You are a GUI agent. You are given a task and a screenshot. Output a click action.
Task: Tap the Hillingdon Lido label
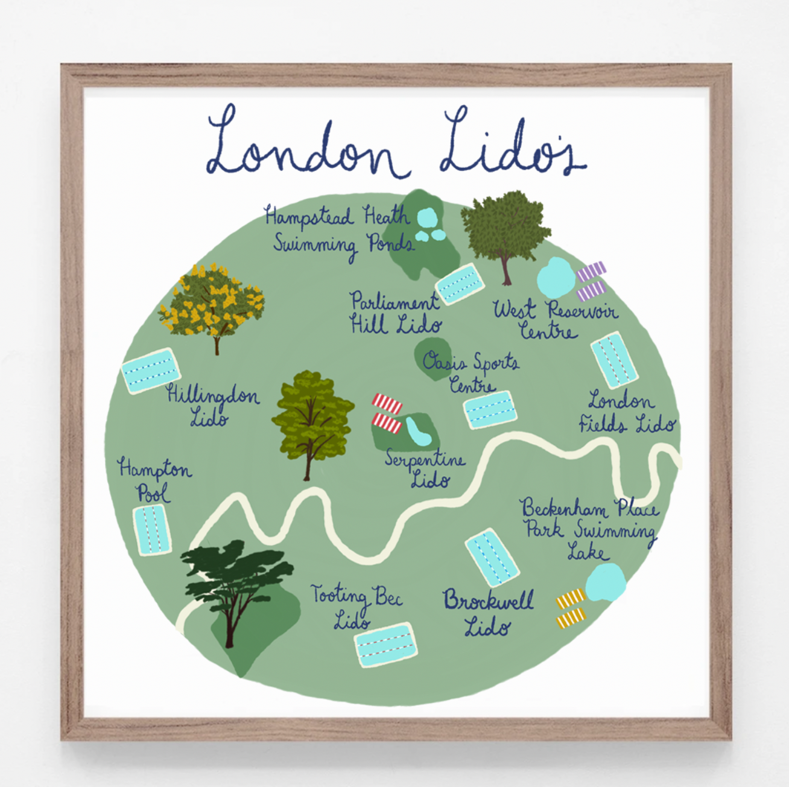coord(212,406)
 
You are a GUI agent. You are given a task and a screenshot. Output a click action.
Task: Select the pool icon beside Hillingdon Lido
coord(151,370)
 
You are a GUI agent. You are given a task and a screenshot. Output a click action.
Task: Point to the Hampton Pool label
coord(154,480)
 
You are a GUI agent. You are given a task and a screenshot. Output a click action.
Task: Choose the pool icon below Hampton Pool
coord(151,530)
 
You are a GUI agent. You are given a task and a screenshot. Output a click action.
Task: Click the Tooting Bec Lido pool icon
coord(385,644)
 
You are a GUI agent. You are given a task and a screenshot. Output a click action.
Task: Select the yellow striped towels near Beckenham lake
coord(571,608)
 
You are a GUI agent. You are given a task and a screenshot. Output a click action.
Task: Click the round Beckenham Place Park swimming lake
coord(605,582)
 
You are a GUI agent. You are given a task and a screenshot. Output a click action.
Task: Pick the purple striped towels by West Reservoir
coord(591,281)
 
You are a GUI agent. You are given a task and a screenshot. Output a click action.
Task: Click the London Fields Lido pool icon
coord(613,360)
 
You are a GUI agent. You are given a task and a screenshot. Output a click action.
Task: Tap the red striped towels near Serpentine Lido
coord(387,413)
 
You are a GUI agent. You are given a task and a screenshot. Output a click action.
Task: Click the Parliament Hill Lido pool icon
coord(460,284)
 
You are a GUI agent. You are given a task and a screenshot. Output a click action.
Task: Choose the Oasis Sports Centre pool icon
coord(490,409)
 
